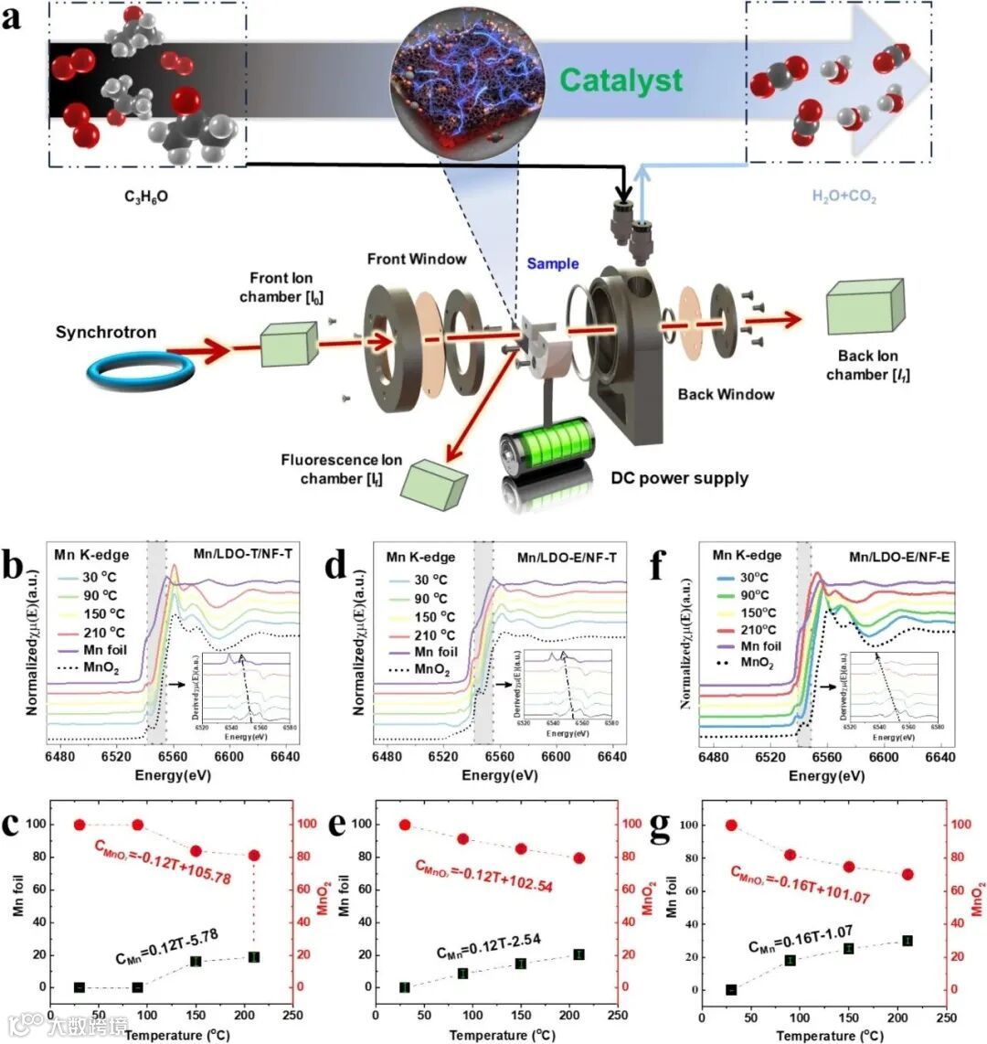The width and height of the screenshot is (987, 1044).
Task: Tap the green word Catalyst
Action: tap(621, 80)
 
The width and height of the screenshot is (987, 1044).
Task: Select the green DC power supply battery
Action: tap(548, 448)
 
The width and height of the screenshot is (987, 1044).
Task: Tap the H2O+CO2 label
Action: tap(844, 197)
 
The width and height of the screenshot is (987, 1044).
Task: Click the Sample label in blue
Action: tap(552, 263)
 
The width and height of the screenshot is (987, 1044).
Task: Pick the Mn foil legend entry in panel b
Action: tap(101, 649)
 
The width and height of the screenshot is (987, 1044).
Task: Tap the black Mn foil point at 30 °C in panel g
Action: tap(731, 989)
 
